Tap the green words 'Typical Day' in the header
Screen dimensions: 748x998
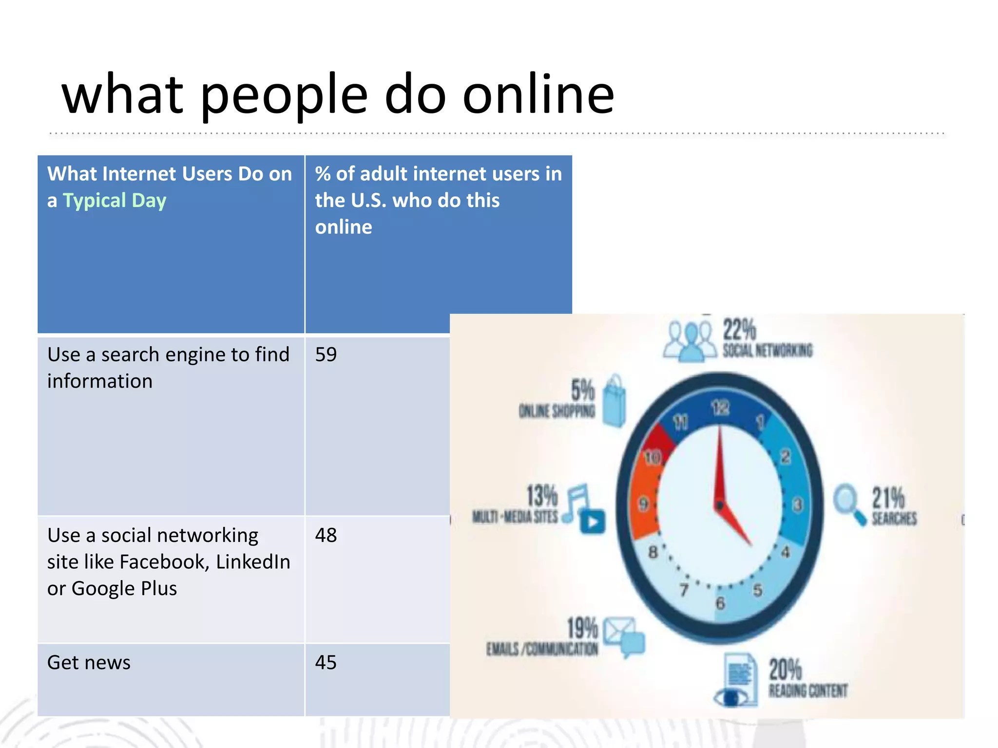115,201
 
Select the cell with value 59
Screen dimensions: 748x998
326,355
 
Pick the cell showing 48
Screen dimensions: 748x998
326,535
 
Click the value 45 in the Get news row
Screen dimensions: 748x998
326,663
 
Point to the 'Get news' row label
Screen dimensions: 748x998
89,663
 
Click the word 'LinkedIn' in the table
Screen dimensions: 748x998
253,562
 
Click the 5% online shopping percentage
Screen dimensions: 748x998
583,391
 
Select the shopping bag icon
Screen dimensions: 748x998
614,401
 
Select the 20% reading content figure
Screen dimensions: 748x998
785,669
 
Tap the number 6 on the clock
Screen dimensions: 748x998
720,603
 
